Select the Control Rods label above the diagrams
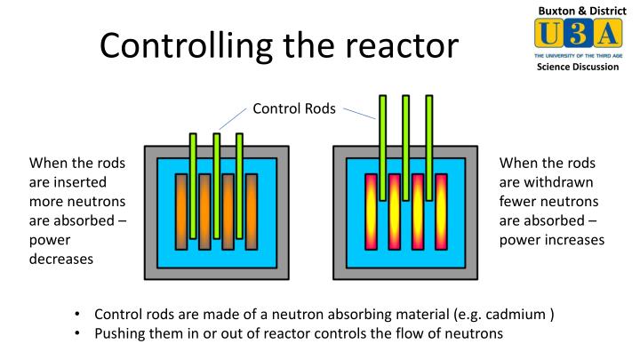point(294,109)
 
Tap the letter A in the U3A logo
point(606,35)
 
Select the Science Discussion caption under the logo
point(577,68)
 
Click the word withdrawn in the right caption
point(562,182)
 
